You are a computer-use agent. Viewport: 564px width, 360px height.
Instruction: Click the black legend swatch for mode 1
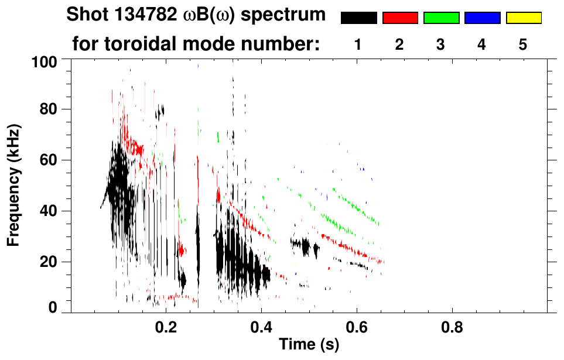(359, 18)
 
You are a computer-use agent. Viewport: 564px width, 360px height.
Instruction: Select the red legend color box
(400, 18)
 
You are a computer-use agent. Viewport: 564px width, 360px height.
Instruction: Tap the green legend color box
(441, 18)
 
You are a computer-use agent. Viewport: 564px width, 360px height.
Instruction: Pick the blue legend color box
(482, 18)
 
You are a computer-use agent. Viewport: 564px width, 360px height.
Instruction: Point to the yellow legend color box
(523, 18)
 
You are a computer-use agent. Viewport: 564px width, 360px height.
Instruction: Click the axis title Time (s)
(309, 345)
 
